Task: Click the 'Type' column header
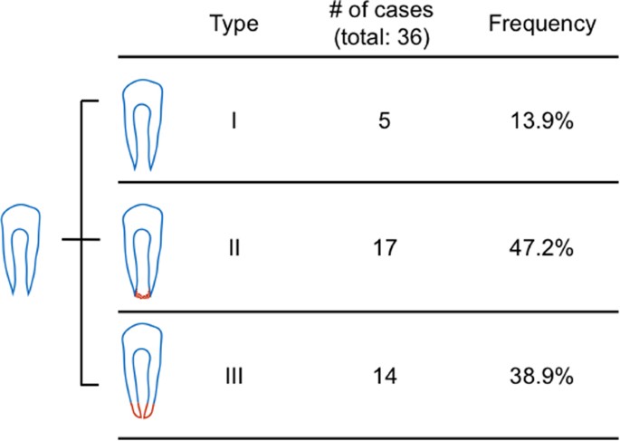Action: [234, 24]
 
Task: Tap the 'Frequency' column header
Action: [541, 24]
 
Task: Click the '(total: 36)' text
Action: [386, 39]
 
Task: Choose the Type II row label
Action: [234, 247]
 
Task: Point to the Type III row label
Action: [234, 372]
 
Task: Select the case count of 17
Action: [386, 247]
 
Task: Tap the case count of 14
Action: [386, 372]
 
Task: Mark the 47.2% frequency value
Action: [541, 247]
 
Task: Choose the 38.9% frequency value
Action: [541, 372]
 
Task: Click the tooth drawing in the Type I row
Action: [142, 122]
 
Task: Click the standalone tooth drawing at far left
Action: [23, 247]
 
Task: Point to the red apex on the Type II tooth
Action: [142, 294]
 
